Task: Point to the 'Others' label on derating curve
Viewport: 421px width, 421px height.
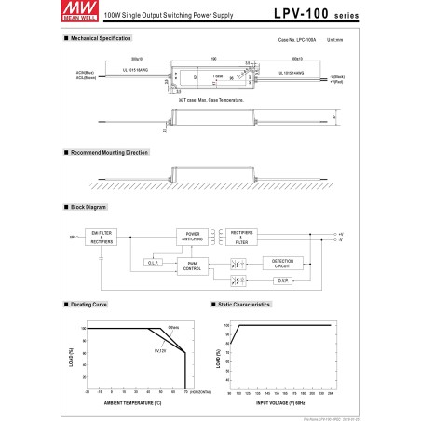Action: pos(173,327)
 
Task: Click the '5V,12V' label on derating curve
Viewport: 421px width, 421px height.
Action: pos(160,350)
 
